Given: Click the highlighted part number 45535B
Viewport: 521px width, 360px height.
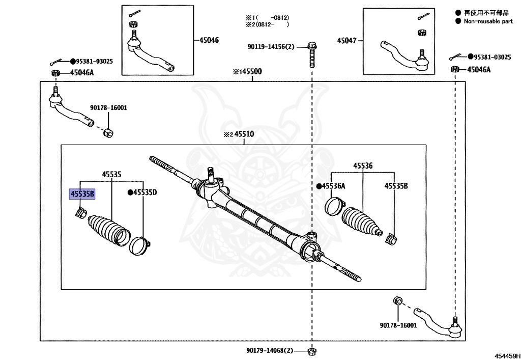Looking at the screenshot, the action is click(x=82, y=194).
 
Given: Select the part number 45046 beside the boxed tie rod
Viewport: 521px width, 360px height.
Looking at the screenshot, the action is click(x=209, y=41).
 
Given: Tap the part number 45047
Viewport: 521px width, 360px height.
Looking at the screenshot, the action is click(x=346, y=41).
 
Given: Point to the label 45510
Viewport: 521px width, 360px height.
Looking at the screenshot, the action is click(x=244, y=134).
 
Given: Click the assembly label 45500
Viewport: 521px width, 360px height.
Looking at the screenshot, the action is click(x=251, y=71).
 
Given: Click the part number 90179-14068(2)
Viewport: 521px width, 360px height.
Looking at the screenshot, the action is click(x=270, y=350).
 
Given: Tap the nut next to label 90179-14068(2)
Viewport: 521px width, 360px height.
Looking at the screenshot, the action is click(x=312, y=351).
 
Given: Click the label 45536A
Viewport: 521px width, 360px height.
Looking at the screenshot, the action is click(x=333, y=186).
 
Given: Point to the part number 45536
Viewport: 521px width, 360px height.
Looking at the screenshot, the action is click(x=363, y=165).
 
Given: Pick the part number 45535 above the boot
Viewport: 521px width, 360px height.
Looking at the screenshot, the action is click(x=111, y=174).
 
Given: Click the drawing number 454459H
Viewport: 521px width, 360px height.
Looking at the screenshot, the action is click(x=507, y=356).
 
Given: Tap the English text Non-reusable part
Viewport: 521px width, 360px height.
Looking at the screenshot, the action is click(x=488, y=21).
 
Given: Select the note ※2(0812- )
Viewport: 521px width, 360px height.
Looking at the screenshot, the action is click(x=268, y=24).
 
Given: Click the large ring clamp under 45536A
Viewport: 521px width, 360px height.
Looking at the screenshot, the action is click(x=334, y=206).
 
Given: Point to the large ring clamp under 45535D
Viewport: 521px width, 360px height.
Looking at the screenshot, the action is click(x=139, y=245).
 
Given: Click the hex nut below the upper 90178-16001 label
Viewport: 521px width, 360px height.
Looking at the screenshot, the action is click(x=108, y=132).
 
